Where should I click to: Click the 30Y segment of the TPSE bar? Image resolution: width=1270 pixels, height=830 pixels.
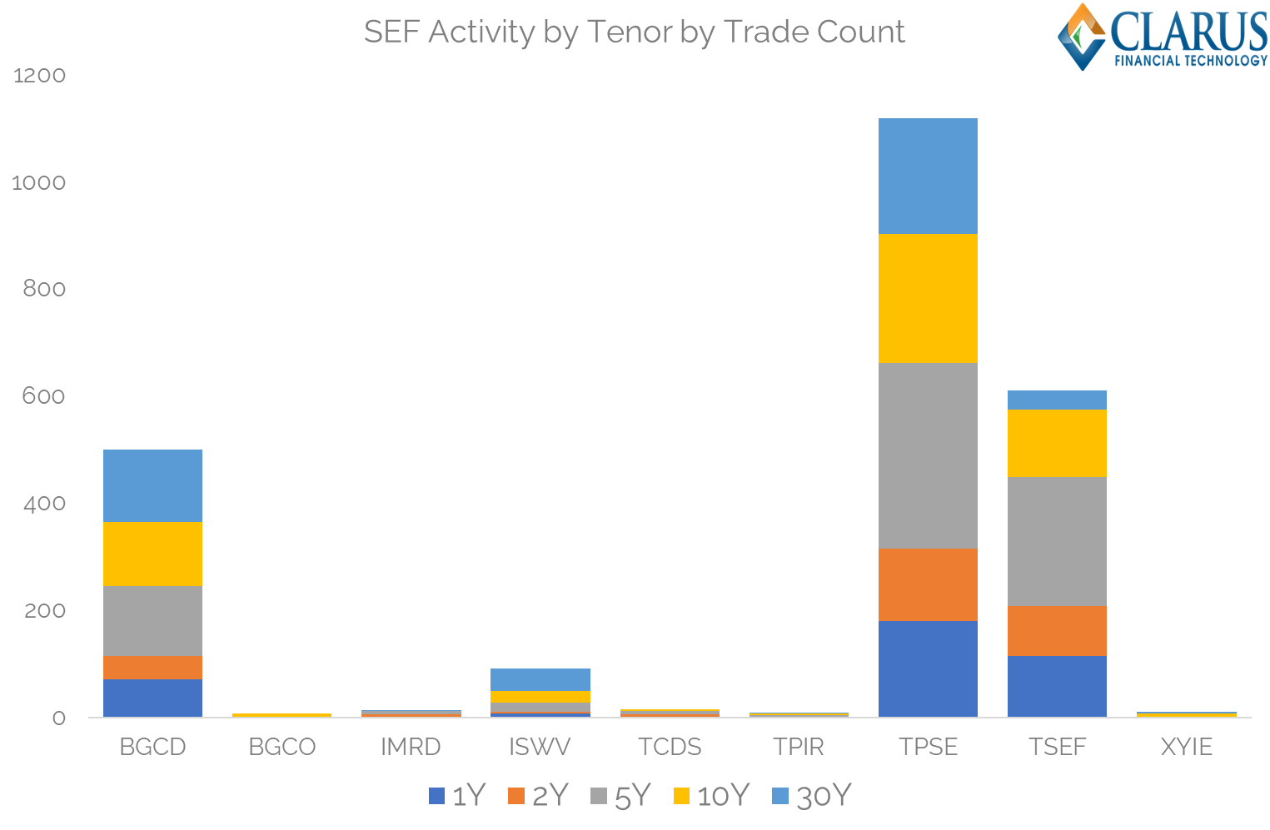point(928,176)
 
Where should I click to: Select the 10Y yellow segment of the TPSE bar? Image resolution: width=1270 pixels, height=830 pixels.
point(928,298)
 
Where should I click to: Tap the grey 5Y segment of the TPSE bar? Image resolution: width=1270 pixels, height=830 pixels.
point(928,455)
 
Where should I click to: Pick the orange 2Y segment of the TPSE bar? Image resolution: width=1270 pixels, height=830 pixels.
point(928,584)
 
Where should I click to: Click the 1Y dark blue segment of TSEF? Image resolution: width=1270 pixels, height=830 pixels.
point(1057,686)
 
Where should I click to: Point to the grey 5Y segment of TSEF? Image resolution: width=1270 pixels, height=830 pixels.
point(1057,541)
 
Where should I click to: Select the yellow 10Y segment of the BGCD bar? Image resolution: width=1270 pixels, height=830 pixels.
point(152,554)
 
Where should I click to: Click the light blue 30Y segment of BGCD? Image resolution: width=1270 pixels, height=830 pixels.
point(152,485)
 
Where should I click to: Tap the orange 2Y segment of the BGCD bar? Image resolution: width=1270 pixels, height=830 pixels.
point(152,667)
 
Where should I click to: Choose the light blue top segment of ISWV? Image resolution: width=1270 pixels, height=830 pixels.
point(540,679)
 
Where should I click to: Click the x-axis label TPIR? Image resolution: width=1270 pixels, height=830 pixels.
point(799,747)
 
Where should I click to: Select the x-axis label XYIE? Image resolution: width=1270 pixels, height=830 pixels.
point(1187,747)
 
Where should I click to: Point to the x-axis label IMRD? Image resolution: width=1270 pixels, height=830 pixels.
point(411,747)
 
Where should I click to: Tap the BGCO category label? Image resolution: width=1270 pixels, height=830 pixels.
point(281,747)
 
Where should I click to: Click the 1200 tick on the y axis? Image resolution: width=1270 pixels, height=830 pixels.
point(39,76)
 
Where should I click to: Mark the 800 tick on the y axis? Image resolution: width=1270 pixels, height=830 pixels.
point(44,289)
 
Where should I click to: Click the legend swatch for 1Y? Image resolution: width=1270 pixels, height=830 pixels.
point(436,796)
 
